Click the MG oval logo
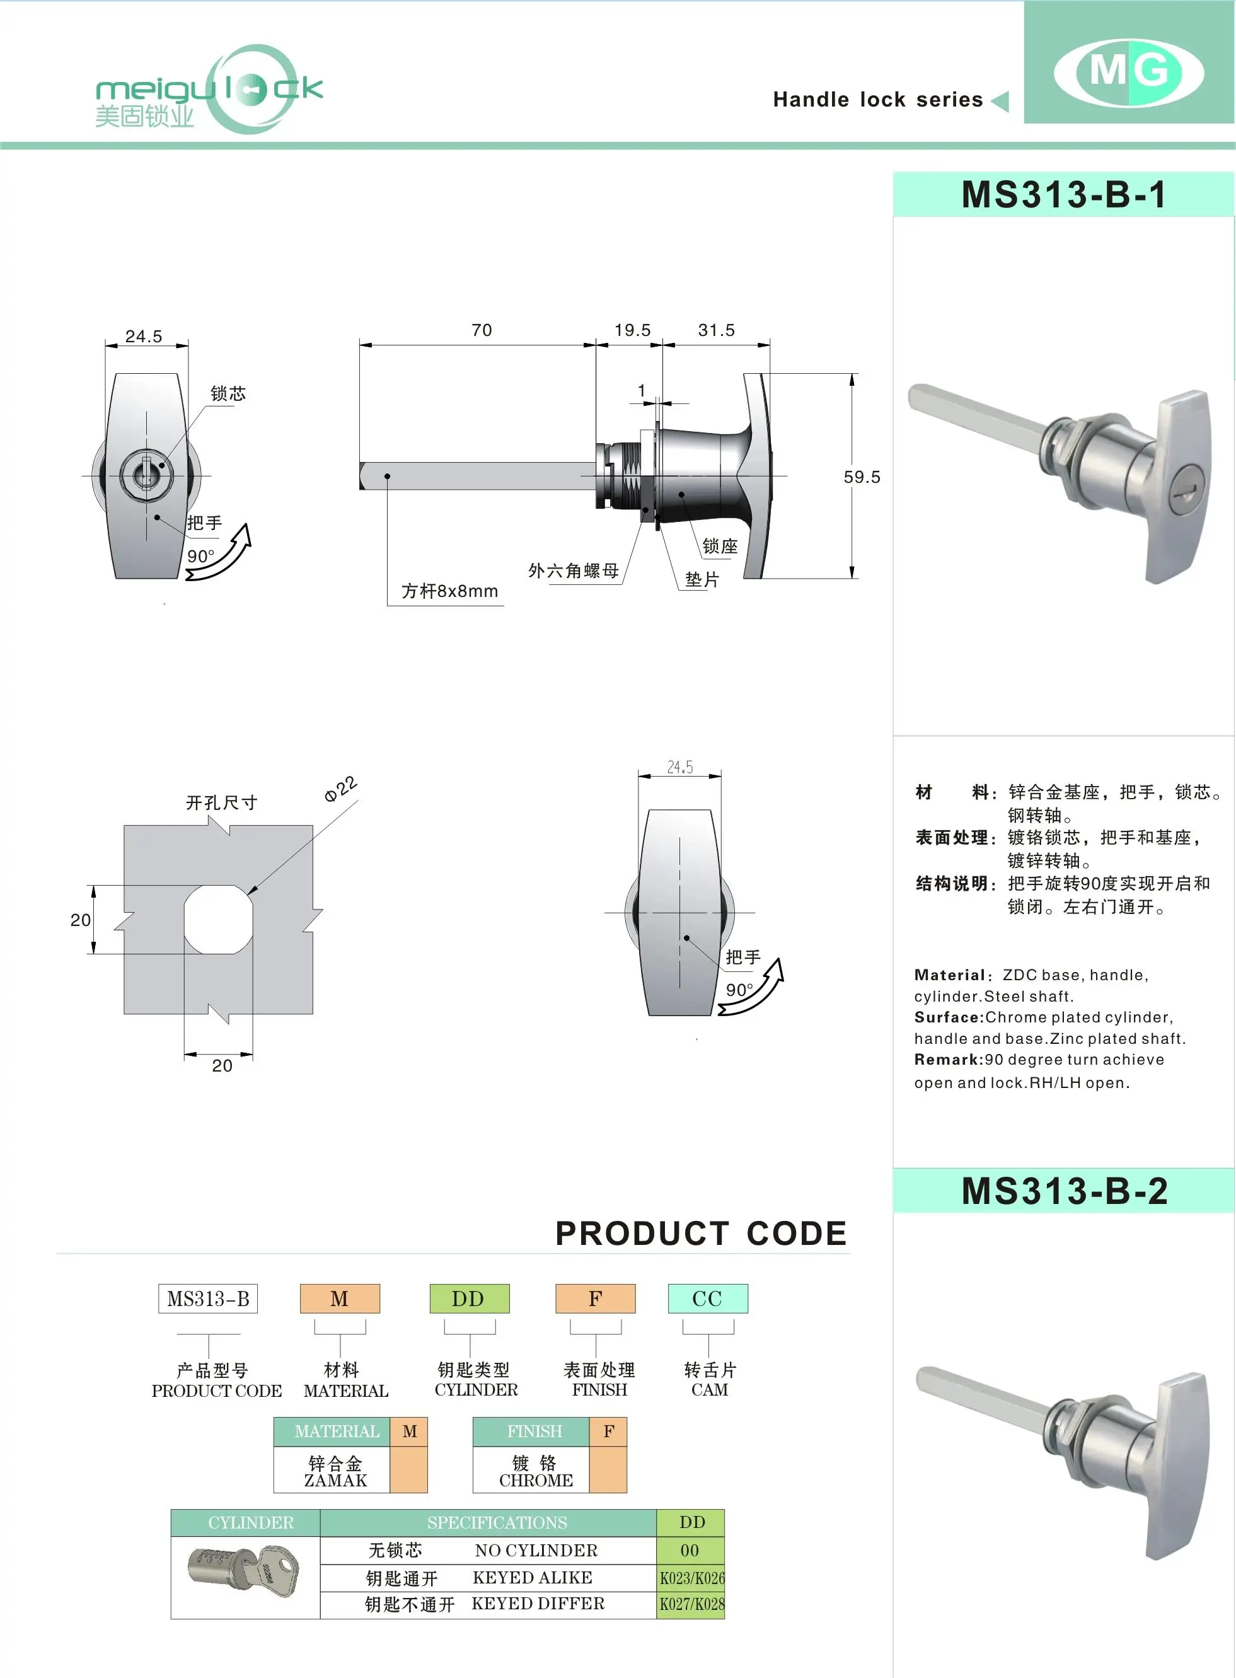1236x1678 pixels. [x=1128, y=72]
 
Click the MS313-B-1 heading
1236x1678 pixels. [x=1063, y=195]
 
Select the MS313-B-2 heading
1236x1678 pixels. [x=1063, y=1190]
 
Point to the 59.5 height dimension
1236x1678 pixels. [x=861, y=477]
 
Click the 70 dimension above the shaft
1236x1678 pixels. [x=481, y=330]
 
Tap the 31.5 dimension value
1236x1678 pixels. [x=716, y=330]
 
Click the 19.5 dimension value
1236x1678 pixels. [x=632, y=330]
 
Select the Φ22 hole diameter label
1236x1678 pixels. [x=340, y=789]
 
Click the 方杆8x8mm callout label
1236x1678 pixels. [x=449, y=591]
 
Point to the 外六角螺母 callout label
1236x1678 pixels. [x=574, y=571]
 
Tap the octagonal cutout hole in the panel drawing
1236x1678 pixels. [x=217, y=920]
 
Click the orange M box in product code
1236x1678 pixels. [x=340, y=1299]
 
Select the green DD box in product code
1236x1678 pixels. [x=469, y=1299]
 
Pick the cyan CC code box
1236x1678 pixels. [x=707, y=1299]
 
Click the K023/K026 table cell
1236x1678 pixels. [x=691, y=1578]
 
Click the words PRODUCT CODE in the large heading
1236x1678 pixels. [x=700, y=1234]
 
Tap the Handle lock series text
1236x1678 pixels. [x=877, y=100]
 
